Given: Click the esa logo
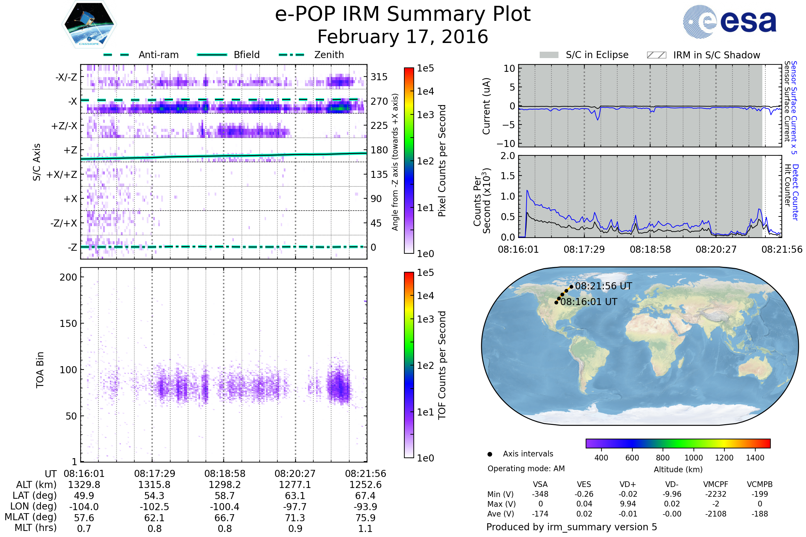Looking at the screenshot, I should point(729,21).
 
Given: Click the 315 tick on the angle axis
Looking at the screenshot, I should point(379,77).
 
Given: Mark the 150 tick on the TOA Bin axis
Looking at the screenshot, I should point(68,323).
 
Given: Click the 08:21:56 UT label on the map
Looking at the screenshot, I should point(603,286).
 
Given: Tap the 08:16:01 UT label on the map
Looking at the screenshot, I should point(589,302).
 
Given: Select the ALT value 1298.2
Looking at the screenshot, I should point(224,485).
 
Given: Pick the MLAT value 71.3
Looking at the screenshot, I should point(295,518).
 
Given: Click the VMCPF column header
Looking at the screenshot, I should point(716,484).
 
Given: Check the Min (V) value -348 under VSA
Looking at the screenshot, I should point(540,494).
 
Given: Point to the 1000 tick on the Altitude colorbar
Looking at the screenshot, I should point(693,458).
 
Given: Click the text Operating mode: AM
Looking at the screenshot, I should point(526,469).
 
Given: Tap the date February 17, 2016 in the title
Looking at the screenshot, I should point(403,37).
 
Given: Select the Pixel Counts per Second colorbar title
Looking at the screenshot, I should point(442,160).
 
